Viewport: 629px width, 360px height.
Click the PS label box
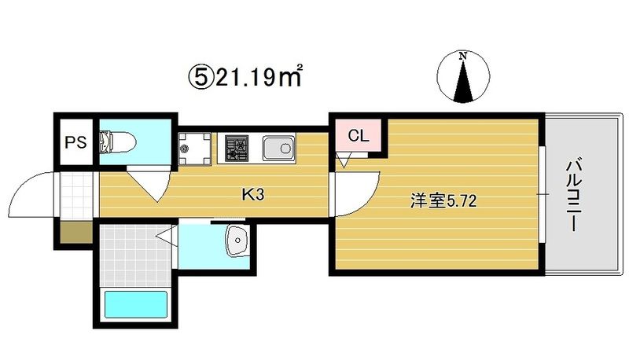75,143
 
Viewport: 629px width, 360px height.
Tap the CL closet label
358,135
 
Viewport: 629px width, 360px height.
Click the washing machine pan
193,147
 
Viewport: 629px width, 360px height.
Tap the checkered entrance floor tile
76,193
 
